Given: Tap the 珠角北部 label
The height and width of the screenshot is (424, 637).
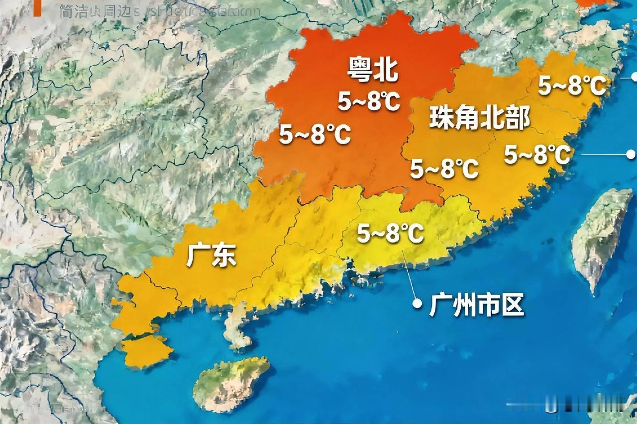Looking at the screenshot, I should [479, 119].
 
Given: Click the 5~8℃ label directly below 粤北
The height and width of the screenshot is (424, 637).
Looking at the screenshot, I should [369, 102].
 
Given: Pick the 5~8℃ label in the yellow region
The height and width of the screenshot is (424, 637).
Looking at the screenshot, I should [391, 234].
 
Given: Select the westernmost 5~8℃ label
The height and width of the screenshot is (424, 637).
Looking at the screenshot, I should [315, 135].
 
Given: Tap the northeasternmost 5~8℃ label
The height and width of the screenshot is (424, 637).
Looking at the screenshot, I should [572, 87].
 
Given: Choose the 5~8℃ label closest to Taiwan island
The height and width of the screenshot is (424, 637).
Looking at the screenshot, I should [537, 156].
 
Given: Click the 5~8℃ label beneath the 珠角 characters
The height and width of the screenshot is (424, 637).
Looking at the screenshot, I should [444, 170].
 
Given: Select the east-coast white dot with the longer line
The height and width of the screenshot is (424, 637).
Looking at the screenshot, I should [631, 155].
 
